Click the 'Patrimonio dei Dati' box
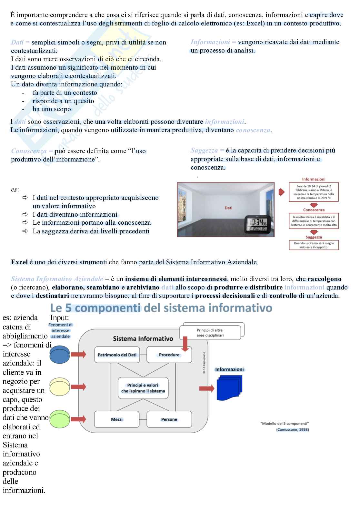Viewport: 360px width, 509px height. coord(117,355)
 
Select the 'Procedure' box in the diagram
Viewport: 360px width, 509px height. coord(169,355)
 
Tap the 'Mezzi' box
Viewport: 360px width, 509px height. coord(117,419)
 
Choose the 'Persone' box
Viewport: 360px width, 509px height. coord(169,419)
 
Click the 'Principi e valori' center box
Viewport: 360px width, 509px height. coord(143,388)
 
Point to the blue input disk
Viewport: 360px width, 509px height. coord(60,355)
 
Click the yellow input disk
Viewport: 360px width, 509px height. coord(60,387)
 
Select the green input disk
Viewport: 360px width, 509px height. coord(60,419)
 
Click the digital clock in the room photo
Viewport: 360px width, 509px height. coord(257,224)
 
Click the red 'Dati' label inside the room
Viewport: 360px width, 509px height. coord(228,208)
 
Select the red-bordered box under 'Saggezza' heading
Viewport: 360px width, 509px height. coord(314,245)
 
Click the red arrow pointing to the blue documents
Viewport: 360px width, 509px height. coord(207,388)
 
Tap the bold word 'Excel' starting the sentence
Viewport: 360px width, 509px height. coord(19,262)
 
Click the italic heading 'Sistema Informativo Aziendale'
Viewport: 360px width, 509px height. coord(57,279)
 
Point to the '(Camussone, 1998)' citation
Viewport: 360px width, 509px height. coord(292,429)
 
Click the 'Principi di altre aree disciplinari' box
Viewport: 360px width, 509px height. coord(210,333)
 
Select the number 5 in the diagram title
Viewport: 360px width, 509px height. coord(68,308)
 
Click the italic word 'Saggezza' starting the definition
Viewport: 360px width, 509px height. coord(204,151)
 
